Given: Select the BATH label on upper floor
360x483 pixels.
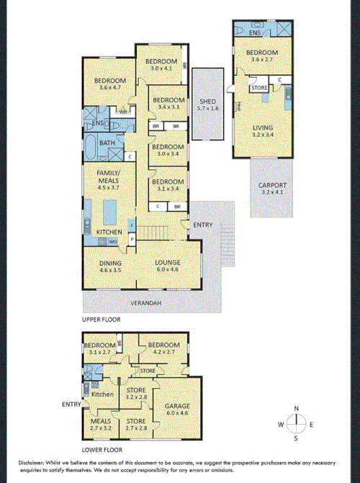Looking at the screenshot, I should [x=107, y=143].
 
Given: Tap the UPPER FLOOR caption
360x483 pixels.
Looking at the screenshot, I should [x=101, y=318].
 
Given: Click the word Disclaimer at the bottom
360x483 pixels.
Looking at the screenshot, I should [x=25, y=461].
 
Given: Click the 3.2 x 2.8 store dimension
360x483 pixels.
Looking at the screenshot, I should [x=136, y=397].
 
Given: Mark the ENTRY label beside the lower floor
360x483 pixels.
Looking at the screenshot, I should [x=71, y=404].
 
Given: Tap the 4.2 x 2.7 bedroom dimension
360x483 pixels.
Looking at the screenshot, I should [x=161, y=353].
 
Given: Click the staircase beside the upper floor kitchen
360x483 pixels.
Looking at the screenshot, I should [x=154, y=233].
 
